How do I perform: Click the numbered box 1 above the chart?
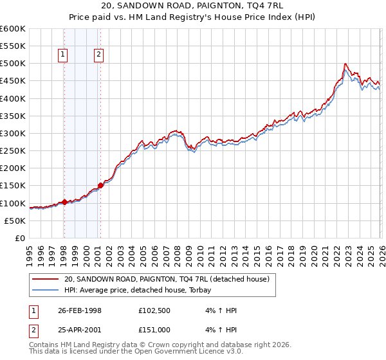(x=63, y=55)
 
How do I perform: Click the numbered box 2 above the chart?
(x=99, y=55)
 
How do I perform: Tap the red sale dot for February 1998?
(x=64, y=202)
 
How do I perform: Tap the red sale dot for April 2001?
(x=100, y=185)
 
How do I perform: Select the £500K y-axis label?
(x=13, y=64)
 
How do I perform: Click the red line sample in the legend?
(x=46, y=279)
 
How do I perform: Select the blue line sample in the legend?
(x=46, y=290)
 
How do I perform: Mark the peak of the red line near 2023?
(x=345, y=64)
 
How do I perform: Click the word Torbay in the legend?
(x=208, y=290)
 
